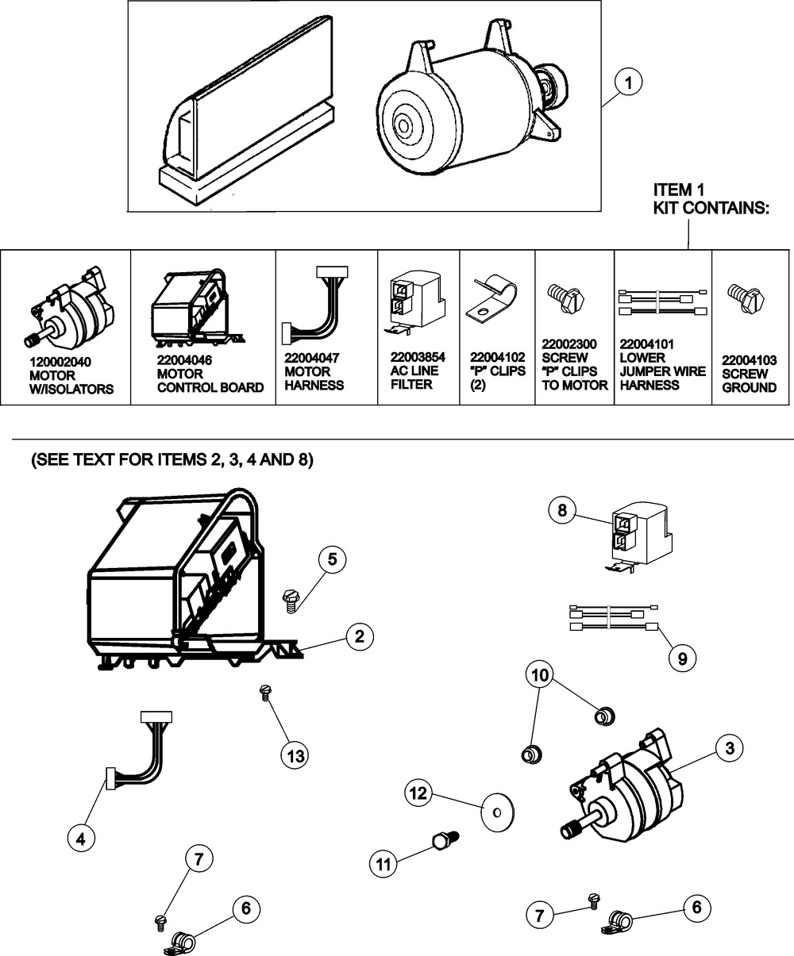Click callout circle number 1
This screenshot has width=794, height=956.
628,83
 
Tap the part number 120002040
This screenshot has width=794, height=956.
60,362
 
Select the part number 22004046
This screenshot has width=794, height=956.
184,360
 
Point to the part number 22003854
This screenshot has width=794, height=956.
418,357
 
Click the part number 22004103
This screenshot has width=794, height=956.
749,360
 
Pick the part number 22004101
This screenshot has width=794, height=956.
647,344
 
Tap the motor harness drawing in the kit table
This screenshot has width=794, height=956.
314,305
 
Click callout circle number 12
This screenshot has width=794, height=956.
418,793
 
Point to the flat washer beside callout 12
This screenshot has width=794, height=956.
498,813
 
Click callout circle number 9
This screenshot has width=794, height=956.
682,658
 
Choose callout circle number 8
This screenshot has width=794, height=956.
562,510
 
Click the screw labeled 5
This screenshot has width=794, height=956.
290,601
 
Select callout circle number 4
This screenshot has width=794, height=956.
81,839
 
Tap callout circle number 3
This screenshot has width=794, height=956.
730,748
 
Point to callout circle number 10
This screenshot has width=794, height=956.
540,675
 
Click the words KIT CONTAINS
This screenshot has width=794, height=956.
711,208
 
